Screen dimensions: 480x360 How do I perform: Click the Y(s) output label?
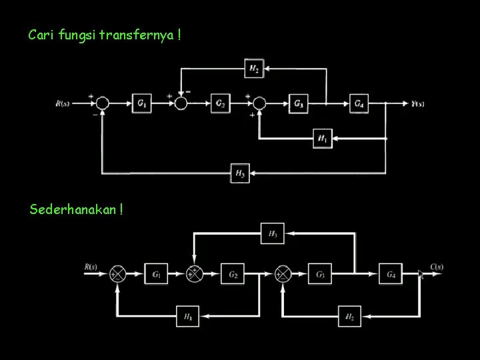pos(418,103)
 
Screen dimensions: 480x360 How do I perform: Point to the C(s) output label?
pos(437,267)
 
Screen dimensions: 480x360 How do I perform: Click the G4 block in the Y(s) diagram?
pos(359,103)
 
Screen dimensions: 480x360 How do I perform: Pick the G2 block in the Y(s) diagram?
pos(221,103)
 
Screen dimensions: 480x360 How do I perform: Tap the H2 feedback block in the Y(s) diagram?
pos(254,68)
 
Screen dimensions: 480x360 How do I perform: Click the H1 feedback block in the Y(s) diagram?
pos(323,139)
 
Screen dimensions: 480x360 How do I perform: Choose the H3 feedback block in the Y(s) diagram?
pos(240,173)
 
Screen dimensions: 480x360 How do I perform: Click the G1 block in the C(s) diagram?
pos(156,273)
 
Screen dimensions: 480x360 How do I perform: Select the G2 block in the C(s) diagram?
pos(234,273)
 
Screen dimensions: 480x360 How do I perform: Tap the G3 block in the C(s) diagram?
pos(320,273)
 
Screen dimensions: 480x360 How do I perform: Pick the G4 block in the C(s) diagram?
pos(391,273)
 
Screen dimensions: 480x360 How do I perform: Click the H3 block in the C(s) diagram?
pos(273,233)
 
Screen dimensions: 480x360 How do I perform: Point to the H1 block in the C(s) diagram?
pos(187,316)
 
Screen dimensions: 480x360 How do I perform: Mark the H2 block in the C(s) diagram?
pos(349,316)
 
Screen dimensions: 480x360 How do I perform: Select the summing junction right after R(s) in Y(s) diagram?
pos(102,103)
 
